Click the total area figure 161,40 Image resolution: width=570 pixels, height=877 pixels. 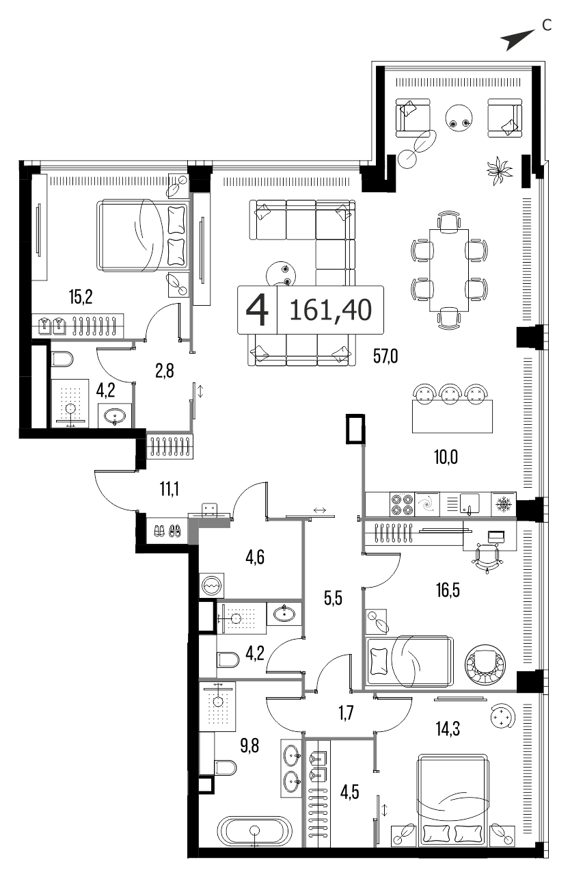330,310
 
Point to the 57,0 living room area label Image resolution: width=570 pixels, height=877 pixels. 385,356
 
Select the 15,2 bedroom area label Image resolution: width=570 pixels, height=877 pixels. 81,297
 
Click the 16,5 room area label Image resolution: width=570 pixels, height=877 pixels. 448,590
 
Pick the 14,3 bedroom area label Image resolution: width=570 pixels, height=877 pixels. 448,729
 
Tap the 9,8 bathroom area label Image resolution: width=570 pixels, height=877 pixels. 249,746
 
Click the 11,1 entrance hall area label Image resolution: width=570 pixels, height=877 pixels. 169,489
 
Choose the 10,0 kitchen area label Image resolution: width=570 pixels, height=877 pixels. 446,457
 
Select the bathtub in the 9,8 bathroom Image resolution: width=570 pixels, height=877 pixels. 254,827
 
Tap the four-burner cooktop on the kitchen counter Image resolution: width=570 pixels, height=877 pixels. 402,505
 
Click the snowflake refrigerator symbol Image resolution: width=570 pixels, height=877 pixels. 504,504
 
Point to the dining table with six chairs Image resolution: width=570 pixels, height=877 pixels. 449,270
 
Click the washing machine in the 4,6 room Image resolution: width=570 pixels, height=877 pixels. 212,586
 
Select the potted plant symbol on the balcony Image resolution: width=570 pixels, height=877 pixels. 499,170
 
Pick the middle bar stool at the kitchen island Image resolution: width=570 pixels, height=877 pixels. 450,393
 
